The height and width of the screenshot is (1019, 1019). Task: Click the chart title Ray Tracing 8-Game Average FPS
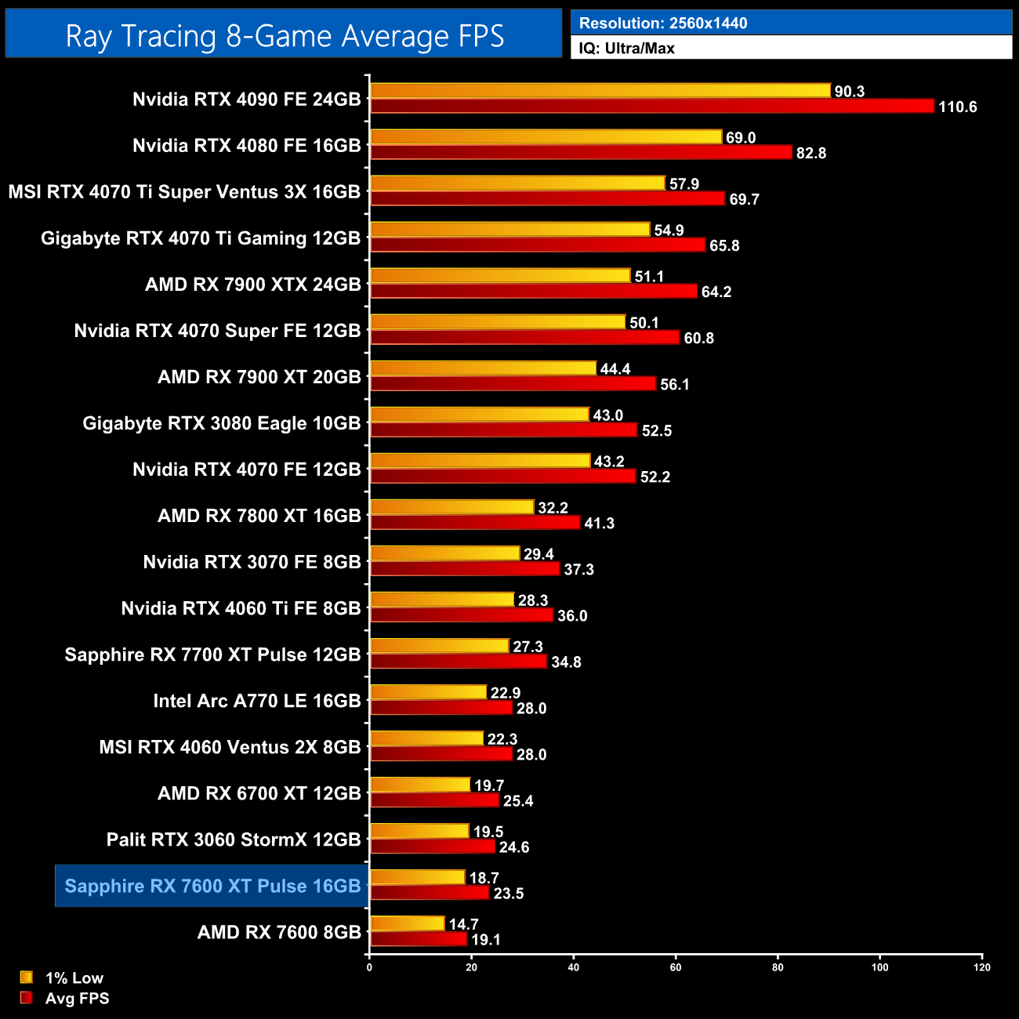(284, 36)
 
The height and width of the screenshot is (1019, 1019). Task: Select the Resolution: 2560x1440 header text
(662, 24)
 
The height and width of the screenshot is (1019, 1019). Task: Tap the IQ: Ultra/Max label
(626, 49)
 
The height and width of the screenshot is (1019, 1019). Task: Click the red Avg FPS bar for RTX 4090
(652, 107)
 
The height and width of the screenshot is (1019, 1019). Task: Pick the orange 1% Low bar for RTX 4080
(546, 137)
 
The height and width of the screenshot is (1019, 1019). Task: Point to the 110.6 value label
(957, 107)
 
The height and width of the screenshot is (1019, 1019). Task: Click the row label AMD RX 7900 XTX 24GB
(252, 285)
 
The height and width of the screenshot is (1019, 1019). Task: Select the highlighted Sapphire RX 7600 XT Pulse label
(212, 887)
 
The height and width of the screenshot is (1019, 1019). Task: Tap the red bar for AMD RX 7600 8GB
(419, 939)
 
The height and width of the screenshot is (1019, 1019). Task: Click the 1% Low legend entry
(74, 978)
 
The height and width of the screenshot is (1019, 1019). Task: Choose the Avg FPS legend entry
(77, 999)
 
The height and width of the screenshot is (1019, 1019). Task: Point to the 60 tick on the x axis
(676, 967)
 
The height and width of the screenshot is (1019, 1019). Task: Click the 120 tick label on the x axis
(982, 967)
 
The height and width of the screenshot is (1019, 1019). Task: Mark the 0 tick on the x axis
(369, 967)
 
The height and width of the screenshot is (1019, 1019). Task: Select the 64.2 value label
(716, 292)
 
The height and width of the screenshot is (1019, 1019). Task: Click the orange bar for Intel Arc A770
(428, 692)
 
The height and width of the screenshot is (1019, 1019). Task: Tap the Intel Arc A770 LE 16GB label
(256, 701)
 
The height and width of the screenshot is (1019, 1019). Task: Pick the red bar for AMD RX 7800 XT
(475, 523)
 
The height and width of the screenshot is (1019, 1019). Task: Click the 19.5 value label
(488, 832)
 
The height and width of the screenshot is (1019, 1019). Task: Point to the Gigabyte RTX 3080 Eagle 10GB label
(221, 423)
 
